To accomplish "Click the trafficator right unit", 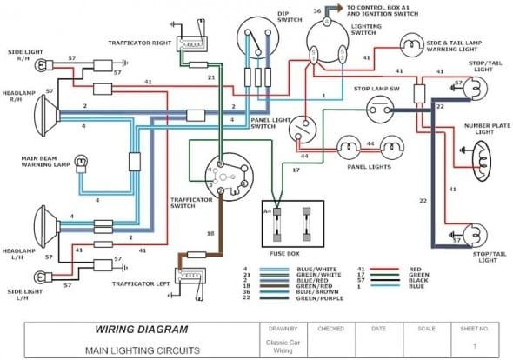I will (x=190, y=43).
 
